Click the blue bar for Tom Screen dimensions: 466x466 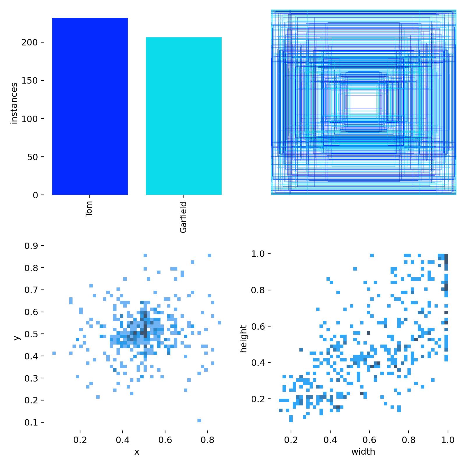click(90, 106)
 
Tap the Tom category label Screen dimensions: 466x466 click(89, 209)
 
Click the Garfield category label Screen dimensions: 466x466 click(183, 217)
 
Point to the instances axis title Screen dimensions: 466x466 click(14, 103)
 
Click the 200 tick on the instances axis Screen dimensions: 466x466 click(29, 43)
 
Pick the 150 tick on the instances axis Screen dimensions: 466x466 click(29, 81)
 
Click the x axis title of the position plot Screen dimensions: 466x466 click(137, 452)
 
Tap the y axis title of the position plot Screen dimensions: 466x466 click(17, 338)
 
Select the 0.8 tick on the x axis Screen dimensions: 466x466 click(207, 440)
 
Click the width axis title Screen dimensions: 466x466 click(363, 452)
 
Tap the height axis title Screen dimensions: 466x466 click(243, 338)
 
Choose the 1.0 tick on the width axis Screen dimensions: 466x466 click(448, 440)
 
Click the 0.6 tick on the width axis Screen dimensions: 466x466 click(369, 440)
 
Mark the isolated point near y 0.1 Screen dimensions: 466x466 click(199, 420)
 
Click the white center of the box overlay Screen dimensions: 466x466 click(363, 102)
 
